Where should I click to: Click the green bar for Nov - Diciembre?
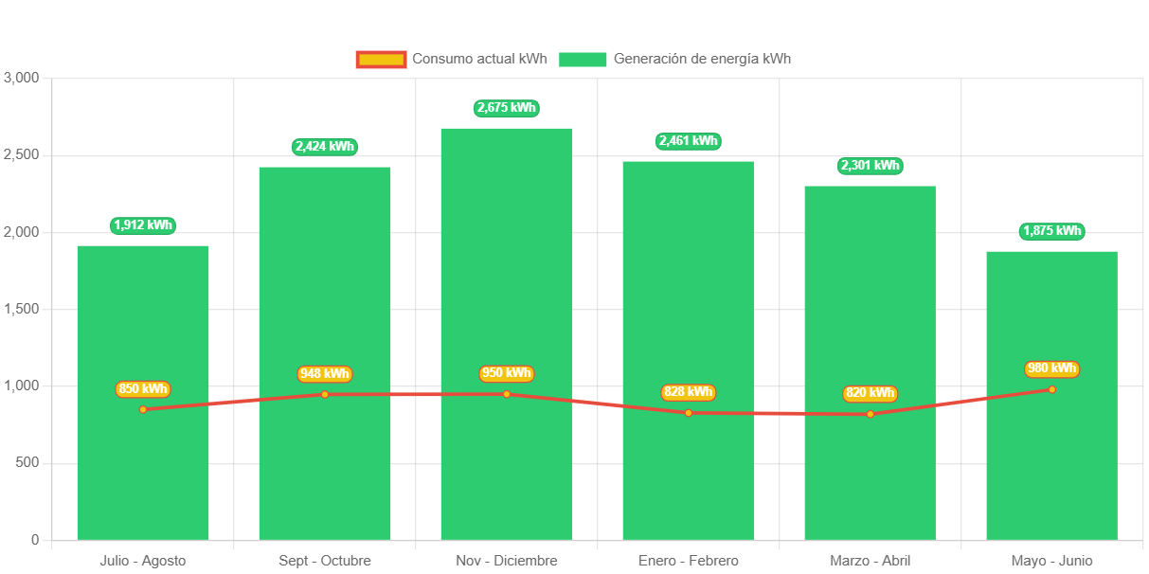click(x=507, y=284)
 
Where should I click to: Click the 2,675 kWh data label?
click(x=507, y=108)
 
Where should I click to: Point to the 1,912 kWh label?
click(x=143, y=225)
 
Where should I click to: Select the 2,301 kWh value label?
click(x=870, y=166)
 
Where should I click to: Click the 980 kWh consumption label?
click(x=1051, y=368)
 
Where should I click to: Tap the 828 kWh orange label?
click(x=688, y=392)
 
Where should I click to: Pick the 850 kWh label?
click(x=143, y=388)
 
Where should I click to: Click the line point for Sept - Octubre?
click(x=325, y=394)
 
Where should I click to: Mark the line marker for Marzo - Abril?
click(x=870, y=414)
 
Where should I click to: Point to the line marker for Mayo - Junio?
click(x=1051, y=389)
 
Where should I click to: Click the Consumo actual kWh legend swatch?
click(x=381, y=59)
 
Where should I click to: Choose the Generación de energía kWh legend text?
click(x=702, y=59)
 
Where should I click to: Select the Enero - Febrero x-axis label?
click(x=688, y=561)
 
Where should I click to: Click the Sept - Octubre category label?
click(x=325, y=561)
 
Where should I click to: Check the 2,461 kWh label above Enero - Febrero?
click(x=688, y=141)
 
